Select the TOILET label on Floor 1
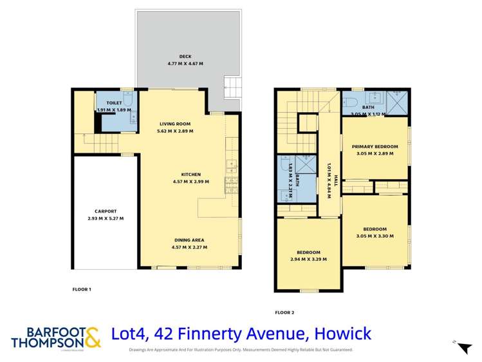[114, 102]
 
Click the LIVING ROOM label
[175, 124]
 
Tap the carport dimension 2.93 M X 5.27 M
[106, 218]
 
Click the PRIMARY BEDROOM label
[375, 147]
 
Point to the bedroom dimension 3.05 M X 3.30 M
[375, 236]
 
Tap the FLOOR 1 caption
[82, 290]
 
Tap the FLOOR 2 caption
[284, 312]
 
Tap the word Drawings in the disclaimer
[140, 350]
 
